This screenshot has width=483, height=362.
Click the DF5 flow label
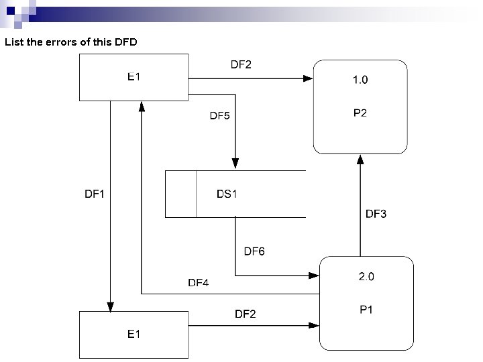[219, 115]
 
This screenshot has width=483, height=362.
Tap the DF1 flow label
[95, 194]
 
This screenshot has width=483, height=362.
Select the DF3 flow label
[376, 215]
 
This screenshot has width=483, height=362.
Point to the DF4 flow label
[198, 283]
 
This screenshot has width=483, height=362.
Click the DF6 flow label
[254, 252]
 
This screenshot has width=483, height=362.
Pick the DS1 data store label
[227, 194]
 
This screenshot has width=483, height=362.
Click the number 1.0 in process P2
[360, 80]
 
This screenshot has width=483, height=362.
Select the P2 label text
[360, 113]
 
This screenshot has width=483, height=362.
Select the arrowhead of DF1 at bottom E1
[110, 307]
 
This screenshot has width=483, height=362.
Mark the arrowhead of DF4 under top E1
[142, 105]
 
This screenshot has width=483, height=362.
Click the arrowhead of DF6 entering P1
[315, 276]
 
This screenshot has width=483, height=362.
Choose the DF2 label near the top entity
[241, 64]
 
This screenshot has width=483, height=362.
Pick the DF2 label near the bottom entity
[245, 314]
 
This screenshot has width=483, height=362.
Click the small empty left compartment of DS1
[181, 194]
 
